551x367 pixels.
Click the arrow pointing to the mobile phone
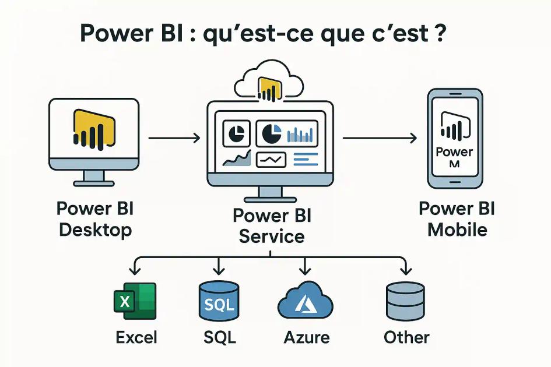pos(379,138)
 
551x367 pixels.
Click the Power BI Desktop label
pos(95,219)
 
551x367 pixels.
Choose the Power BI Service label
pos(272,226)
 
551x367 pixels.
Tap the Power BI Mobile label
pos(457,219)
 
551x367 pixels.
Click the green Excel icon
pos(135,301)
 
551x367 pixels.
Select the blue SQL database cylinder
pos(219,301)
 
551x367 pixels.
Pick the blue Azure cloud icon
pos(305,302)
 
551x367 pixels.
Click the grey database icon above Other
pos(405,301)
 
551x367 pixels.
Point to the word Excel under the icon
pos(136,337)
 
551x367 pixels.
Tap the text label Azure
pos(307,337)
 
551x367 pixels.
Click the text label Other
pos(406,337)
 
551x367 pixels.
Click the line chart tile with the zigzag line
pos(271,158)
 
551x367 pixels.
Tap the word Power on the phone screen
pos(454,152)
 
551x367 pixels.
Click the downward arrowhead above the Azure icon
pos(304,270)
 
